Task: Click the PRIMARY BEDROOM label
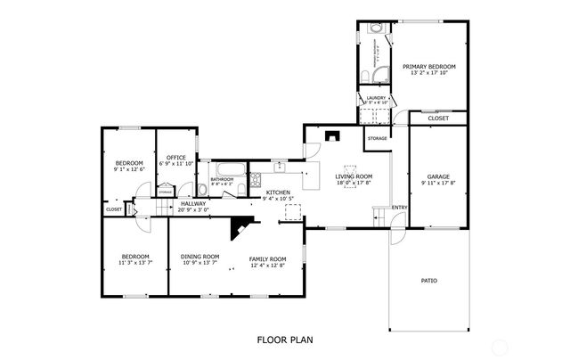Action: click(x=428, y=67)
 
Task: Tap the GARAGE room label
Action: click(x=438, y=176)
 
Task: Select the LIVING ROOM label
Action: click(x=354, y=176)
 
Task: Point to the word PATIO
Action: click(x=428, y=282)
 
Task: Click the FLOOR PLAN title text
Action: click(x=284, y=340)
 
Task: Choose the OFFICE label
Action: click(x=175, y=158)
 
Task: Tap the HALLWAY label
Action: click(x=193, y=203)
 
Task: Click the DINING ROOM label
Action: click(x=200, y=256)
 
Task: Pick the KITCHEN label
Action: click(x=278, y=192)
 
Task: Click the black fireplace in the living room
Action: click(x=332, y=136)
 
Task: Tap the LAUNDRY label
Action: click(x=375, y=98)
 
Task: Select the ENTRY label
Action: click(x=400, y=209)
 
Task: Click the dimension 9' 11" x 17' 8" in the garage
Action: click(x=438, y=184)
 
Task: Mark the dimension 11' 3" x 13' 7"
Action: click(x=136, y=263)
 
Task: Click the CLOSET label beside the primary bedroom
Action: click(x=438, y=119)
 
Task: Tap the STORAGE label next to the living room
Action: click(x=378, y=138)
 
